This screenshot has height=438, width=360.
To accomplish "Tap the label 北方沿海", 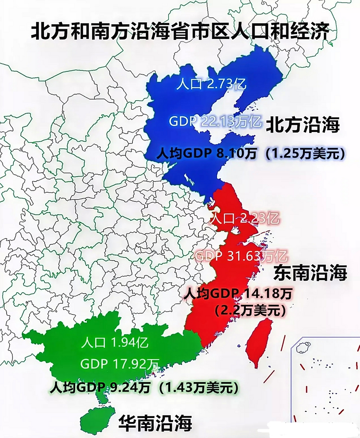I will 303,125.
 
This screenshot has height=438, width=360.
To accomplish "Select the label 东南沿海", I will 310,273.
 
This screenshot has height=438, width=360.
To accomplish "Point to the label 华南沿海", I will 155,423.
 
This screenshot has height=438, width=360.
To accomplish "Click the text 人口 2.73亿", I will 211,84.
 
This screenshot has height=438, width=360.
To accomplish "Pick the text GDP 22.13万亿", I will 215,121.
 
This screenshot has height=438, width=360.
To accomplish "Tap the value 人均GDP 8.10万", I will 206,154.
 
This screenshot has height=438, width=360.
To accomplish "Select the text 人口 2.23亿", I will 244,218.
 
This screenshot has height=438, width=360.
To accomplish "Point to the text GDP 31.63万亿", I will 241,256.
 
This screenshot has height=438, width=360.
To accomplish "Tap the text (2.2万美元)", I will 249,310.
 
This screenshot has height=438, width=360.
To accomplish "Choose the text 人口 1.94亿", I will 115,342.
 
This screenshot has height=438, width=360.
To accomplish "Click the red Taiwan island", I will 259,342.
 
